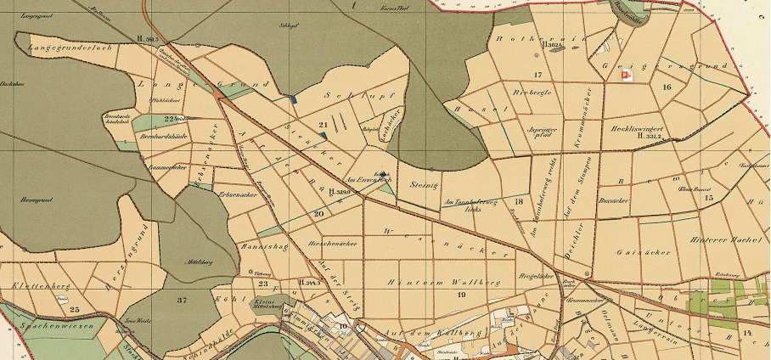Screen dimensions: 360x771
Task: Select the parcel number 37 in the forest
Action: click(182, 301)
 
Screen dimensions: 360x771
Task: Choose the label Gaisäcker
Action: click(647, 252)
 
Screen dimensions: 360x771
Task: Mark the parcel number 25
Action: click(75, 309)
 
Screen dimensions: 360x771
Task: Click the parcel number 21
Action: click(323, 125)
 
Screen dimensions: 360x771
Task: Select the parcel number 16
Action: click(667, 87)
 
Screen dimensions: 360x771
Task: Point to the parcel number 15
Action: click(709, 197)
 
